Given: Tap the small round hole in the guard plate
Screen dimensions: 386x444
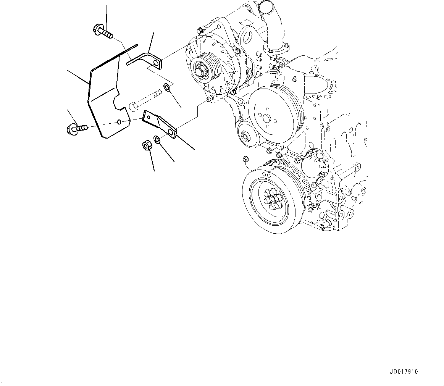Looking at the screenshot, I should [x=119, y=122].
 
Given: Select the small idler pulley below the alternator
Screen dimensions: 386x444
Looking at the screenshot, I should [x=245, y=135].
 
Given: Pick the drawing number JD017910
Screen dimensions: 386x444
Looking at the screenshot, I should [x=404, y=371].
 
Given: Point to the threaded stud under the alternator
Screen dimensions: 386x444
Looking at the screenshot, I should [x=209, y=99].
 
